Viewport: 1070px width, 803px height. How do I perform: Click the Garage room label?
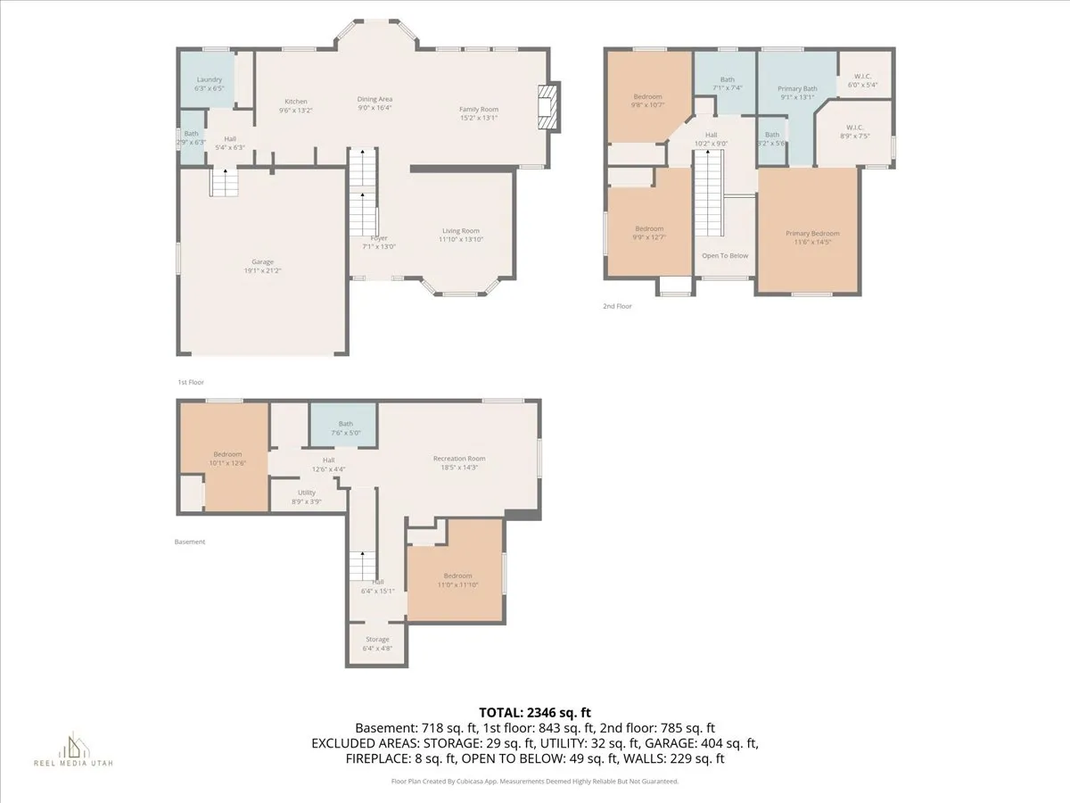click(262, 261)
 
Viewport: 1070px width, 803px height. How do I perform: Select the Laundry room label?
click(209, 80)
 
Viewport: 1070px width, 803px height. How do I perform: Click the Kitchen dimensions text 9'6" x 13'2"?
click(296, 111)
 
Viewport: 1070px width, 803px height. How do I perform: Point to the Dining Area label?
click(374, 99)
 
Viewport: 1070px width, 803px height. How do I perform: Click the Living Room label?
click(460, 231)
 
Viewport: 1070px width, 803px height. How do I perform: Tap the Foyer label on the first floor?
click(380, 238)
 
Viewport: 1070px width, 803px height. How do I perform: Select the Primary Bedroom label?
click(812, 234)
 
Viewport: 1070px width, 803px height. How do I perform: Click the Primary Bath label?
click(797, 88)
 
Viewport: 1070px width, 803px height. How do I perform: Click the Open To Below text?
click(725, 256)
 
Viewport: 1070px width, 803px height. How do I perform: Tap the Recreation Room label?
click(459, 459)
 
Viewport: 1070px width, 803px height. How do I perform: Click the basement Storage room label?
click(377, 639)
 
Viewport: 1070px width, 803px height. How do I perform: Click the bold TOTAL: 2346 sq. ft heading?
click(535, 712)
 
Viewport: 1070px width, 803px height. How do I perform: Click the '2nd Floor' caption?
click(617, 306)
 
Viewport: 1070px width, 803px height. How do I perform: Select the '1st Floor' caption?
click(191, 382)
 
